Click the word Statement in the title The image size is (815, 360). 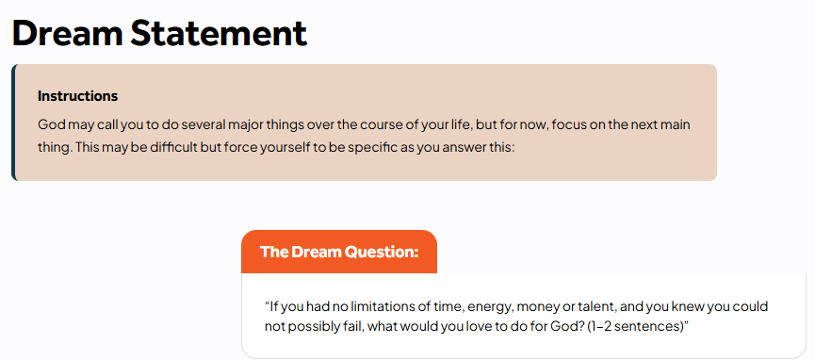point(219,32)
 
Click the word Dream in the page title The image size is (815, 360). point(68,32)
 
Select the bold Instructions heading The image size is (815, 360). point(78,96)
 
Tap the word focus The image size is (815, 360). point(566,125)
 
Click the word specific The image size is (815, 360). point(369,148)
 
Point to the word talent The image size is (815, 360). point(595,306)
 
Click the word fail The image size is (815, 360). point(343,327)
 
